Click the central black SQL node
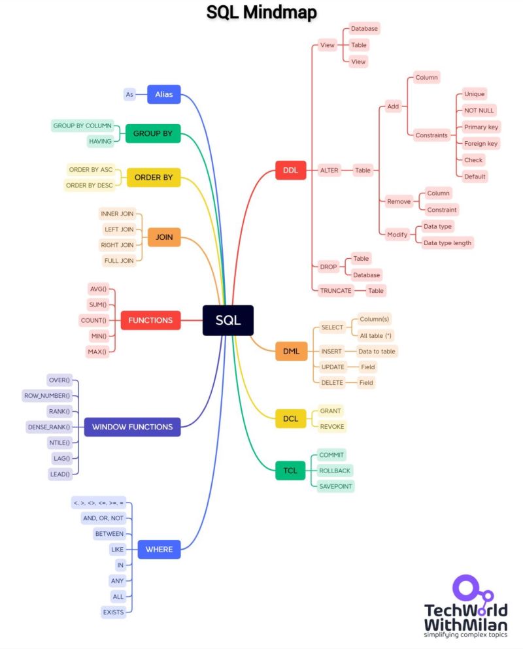coord(228,320)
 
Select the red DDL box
coord(290,170)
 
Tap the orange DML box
coord(291,351)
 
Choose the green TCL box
coord(290,470)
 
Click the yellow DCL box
coord(290,418)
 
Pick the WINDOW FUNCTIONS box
coord(132,427)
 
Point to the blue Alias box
coord(163,94)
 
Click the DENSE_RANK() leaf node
coord(48,427)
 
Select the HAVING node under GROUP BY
coord(101,141)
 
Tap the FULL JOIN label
coord(119,261)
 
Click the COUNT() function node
coord(93,320)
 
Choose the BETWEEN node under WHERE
coord(109,533)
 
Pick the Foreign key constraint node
coord(481,143)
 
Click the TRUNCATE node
coord(336,290)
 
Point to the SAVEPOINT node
coord(335,486)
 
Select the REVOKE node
coord(331,426)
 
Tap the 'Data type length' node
coord(447,242)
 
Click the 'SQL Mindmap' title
coord(261,12)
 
